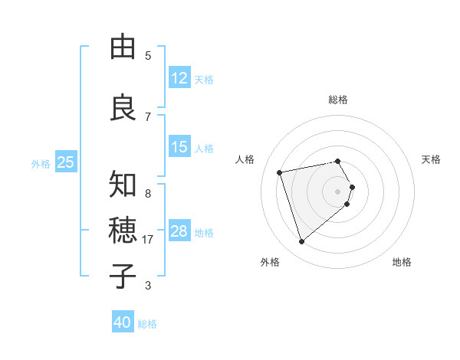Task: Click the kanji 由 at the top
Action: click(123, 47)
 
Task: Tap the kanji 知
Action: click(123, 185)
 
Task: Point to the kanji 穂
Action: click(123, 230)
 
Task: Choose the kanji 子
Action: click(123, 276)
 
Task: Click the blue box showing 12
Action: click(179, 78)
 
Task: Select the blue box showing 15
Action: click(179, 147)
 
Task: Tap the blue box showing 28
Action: click(179, 231)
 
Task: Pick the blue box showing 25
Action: click(65, 162)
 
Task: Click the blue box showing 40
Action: click(123, 322)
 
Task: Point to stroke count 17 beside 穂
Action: click(149, 240)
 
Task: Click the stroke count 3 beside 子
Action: click(148, 286)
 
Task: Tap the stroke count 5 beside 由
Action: click(148, 55)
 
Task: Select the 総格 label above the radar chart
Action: click(338, 100)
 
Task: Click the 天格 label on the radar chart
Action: click(431, 159)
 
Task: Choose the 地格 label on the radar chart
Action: click(402, 262)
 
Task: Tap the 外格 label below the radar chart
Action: click(270, 262)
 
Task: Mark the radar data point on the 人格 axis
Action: click(280, 172)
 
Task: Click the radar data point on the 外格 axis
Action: click(302, 242)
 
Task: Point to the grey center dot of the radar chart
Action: click(338, 191)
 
